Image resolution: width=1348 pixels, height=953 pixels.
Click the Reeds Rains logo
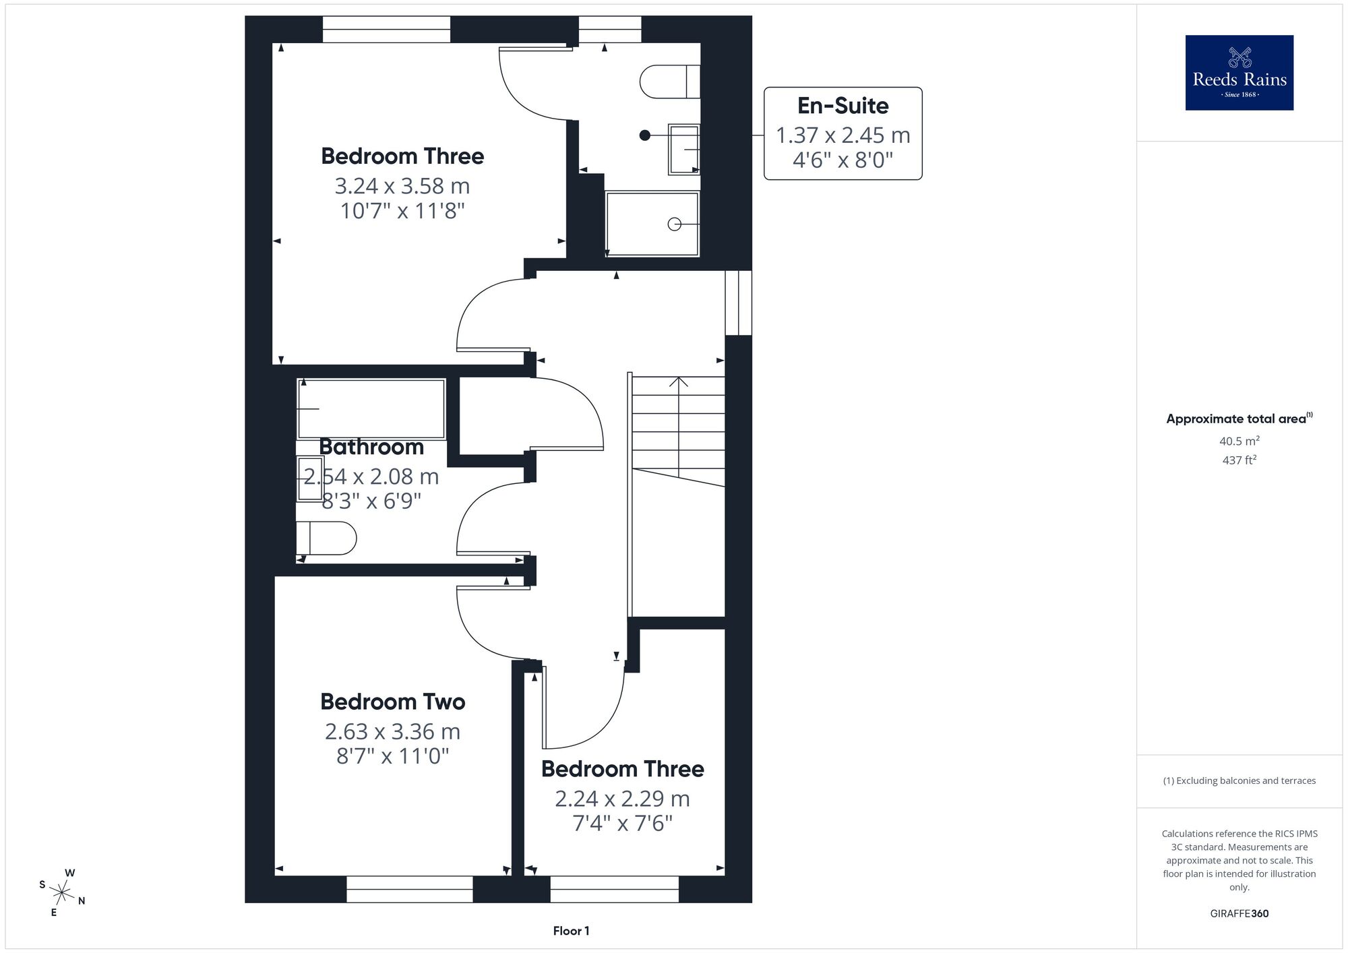[x=1239, y=73]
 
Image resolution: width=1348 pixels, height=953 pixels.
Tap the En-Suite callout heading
[x=842, y=106]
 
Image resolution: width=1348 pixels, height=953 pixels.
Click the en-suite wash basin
[x=684, y=150]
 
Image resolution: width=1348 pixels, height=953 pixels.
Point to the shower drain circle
[x=674, y=224]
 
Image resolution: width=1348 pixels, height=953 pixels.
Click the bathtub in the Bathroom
[x=371, y=409]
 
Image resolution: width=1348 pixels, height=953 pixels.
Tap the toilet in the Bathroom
[x=326, y=538]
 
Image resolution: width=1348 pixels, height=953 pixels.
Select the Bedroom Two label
[x=393, y=702]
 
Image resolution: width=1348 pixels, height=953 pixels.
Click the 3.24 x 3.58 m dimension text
[x=402, y=186]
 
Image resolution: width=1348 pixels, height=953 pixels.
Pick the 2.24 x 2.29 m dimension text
[x=622, y=799]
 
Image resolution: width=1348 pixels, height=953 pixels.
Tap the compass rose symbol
[x=62, y=894]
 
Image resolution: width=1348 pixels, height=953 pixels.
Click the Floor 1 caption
[x=571, y=931]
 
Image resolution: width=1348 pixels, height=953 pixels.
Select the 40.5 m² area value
[x=1239, y=441]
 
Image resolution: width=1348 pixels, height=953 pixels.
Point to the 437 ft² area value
[x=1239, y=460]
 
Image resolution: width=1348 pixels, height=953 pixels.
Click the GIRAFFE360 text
[x=1239, y=914]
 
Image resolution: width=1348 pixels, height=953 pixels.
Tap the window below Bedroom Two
[x=410, y=889]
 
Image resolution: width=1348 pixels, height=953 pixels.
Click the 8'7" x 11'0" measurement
[x=393, y=756]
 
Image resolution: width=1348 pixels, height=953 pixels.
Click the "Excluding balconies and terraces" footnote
[x=1239, y=780]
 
